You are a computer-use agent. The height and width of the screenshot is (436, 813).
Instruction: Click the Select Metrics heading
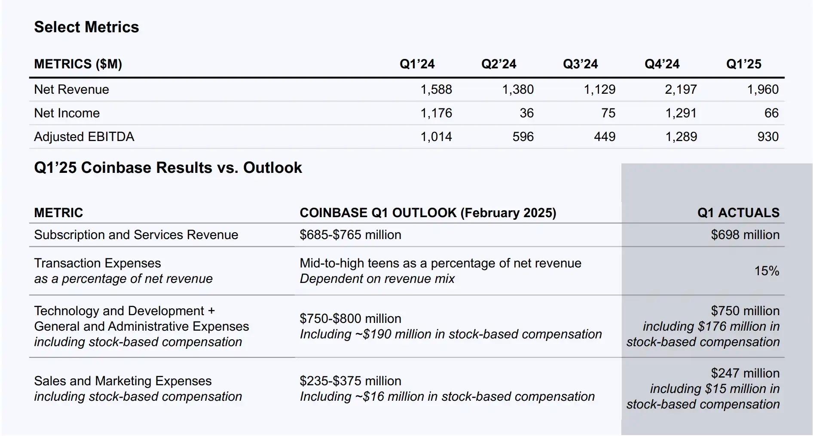(86, 27)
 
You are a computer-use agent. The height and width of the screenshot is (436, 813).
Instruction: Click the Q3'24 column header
(580, 64)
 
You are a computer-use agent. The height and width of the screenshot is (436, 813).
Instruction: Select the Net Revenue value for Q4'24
(681, 89)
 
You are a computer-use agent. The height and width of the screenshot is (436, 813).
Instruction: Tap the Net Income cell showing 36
(526, 113)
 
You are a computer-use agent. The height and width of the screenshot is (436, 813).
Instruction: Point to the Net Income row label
(67, 113)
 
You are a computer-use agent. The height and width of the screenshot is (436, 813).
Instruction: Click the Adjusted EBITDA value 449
(605, 137)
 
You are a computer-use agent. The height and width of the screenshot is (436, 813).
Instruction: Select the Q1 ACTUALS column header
(738, 213)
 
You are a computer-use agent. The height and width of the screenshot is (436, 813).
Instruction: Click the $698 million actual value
(745, 235)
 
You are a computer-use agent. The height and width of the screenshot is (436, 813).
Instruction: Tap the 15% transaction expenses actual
(767, 271)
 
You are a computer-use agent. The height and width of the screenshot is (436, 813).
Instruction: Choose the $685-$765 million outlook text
(350, 235)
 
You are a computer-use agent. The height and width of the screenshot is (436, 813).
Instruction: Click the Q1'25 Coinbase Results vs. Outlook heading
(168, 168)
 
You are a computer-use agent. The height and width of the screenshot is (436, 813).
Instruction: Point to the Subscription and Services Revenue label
(136, 235)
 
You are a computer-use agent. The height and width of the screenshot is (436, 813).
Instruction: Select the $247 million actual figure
(745, 373)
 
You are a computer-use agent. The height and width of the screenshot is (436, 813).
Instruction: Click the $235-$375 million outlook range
(350, 381)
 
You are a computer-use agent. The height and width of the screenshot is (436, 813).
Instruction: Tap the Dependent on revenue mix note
(377, 279)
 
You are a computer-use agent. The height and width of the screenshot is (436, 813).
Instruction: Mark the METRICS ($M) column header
(78, 64)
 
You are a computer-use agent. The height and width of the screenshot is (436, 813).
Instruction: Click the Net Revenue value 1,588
(436, 89)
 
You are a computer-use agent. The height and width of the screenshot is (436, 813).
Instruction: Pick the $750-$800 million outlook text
(350, 319)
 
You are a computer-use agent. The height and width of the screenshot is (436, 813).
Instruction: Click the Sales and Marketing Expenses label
(122, 381)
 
